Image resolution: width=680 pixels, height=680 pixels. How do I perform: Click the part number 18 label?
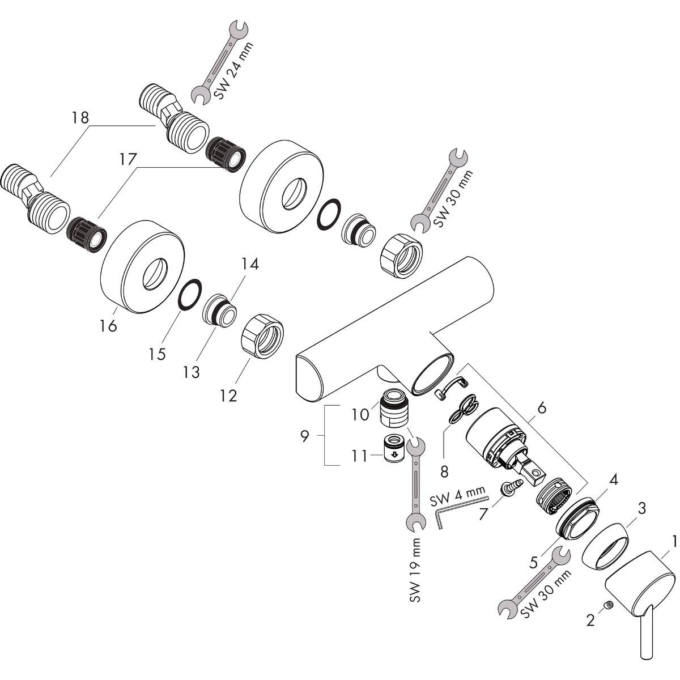tap(80, 118)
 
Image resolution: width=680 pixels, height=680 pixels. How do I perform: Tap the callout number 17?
tap(128, 160)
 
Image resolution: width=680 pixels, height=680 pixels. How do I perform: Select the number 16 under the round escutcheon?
tap(108, 326)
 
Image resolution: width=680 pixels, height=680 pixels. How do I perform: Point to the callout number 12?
tap(228, 395)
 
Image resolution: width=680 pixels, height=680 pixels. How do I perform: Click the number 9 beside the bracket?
tap(305, 436)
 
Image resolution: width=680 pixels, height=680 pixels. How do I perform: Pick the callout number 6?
tap(542, 407)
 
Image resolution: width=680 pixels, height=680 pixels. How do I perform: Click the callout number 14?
tap(250, 263)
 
